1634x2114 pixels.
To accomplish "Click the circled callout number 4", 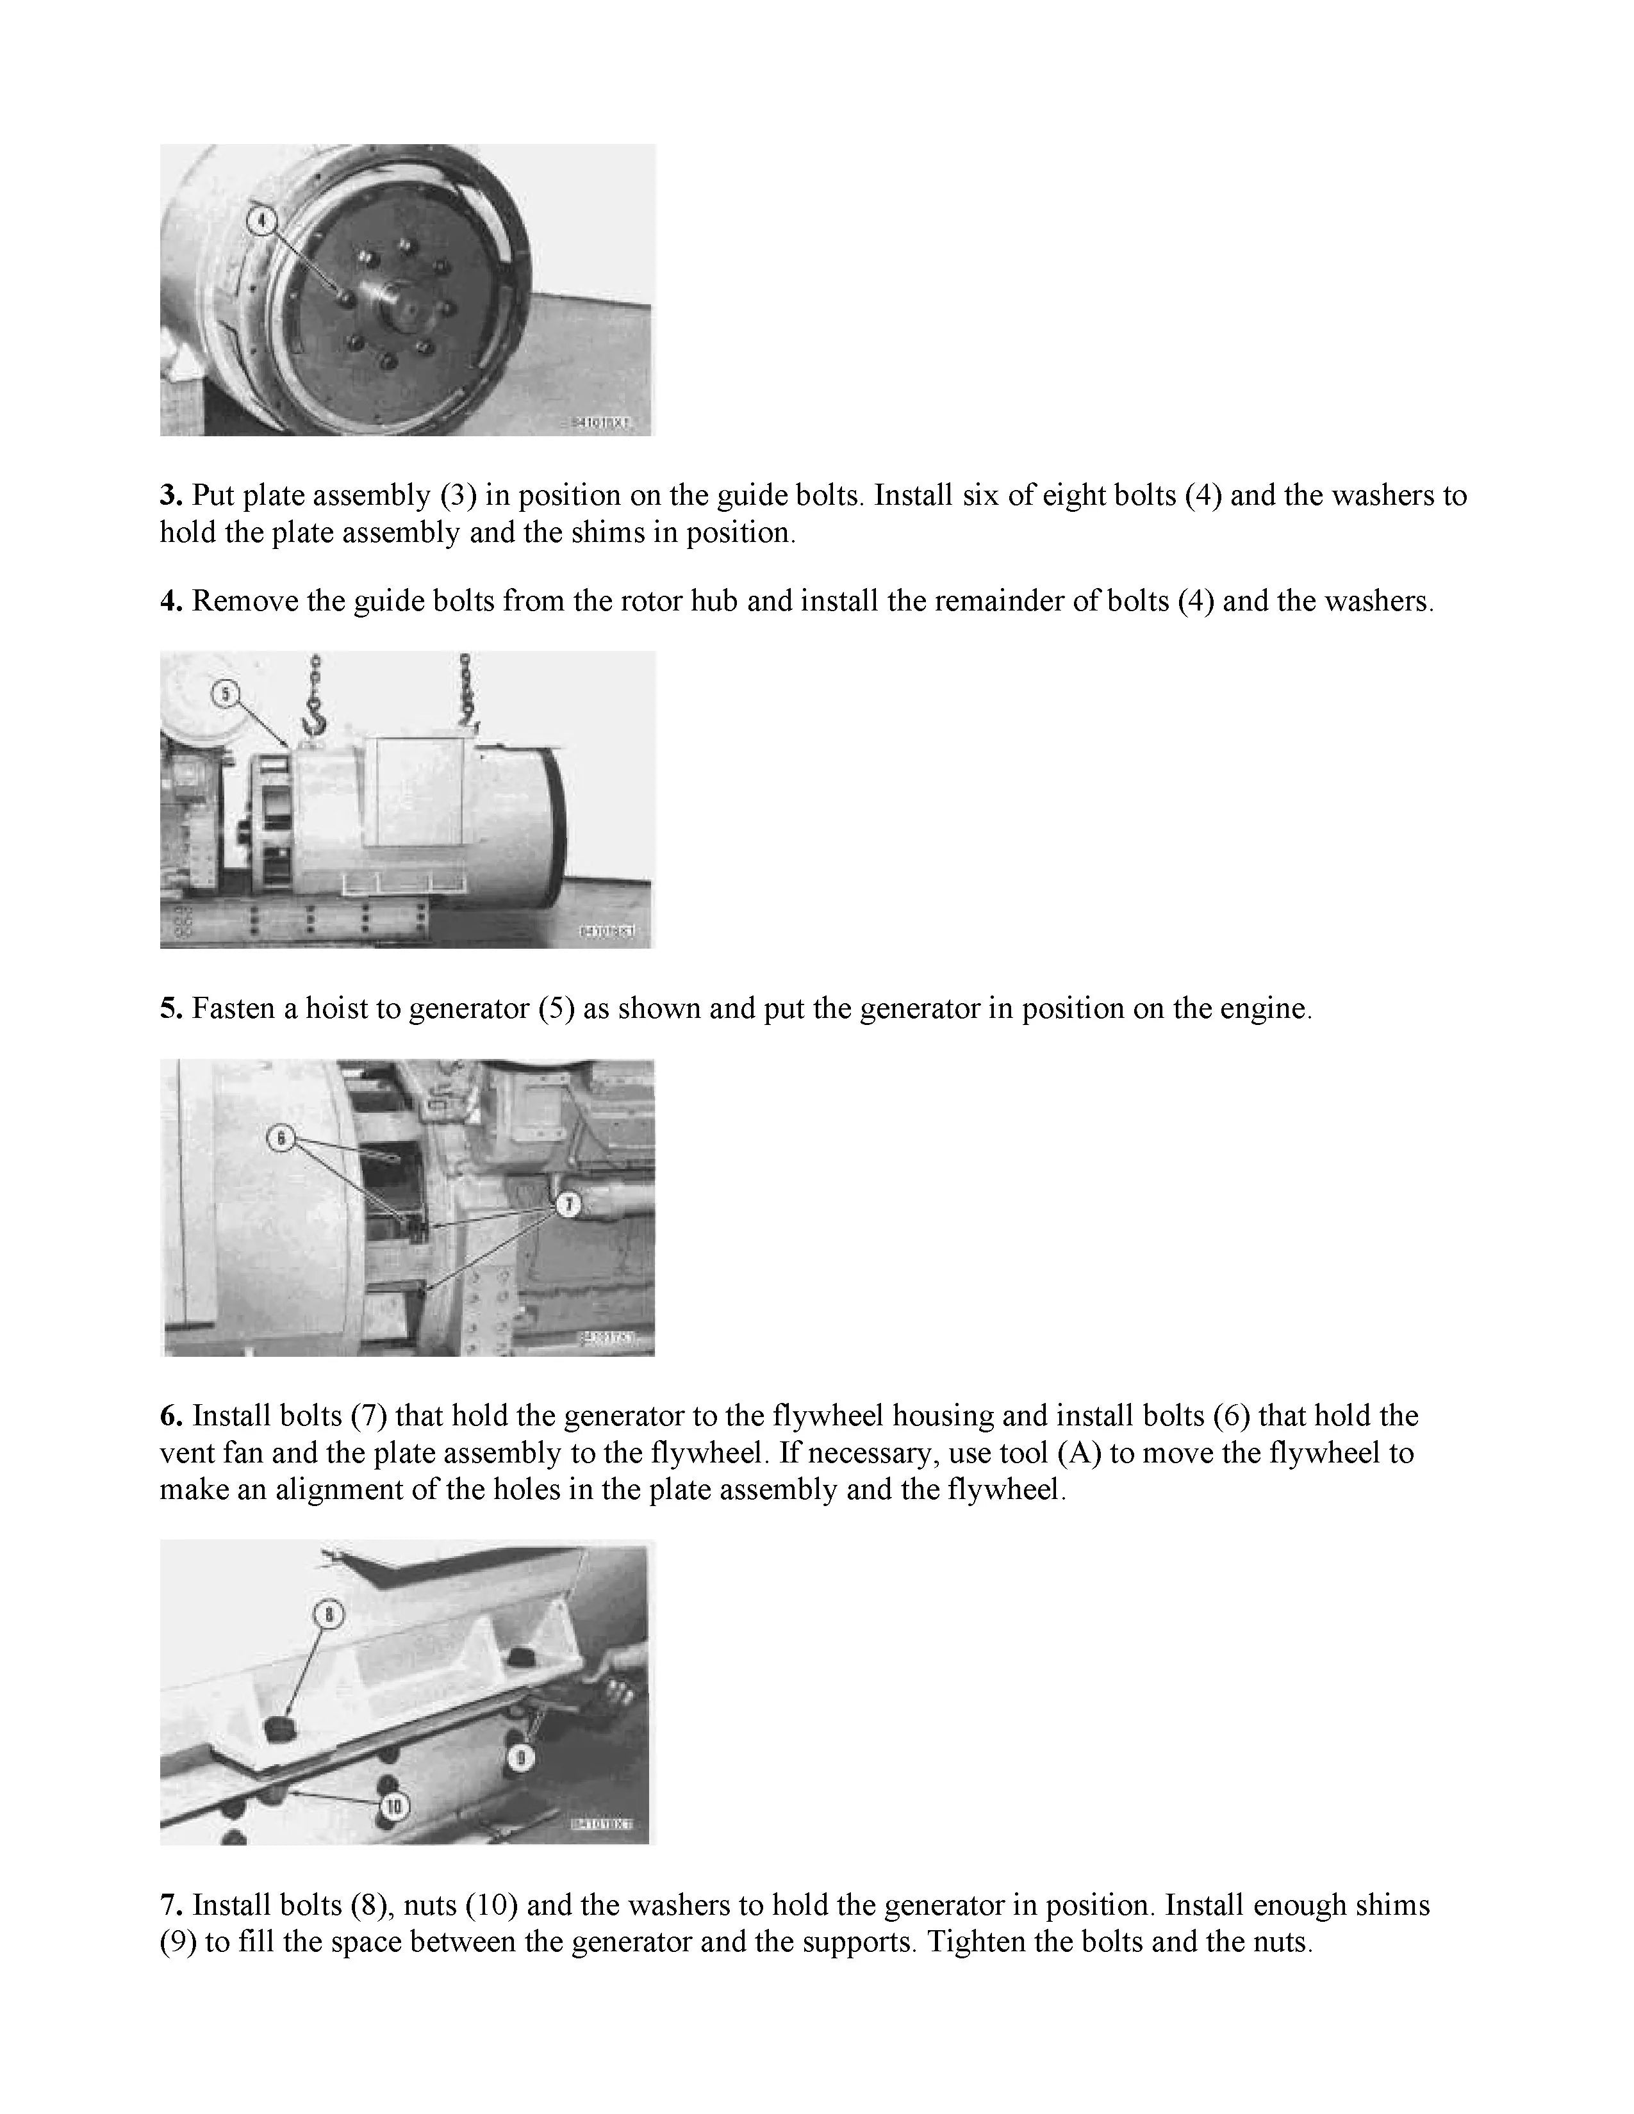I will (260, 221).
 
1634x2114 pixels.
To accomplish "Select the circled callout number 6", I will (280, 1138).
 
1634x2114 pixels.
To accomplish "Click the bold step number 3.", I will (170, 496).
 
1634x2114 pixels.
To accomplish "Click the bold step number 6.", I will (170, 1416).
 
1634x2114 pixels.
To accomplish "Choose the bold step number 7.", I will (170, 1905).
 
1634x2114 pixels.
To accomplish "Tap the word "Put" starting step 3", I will (212, 496).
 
